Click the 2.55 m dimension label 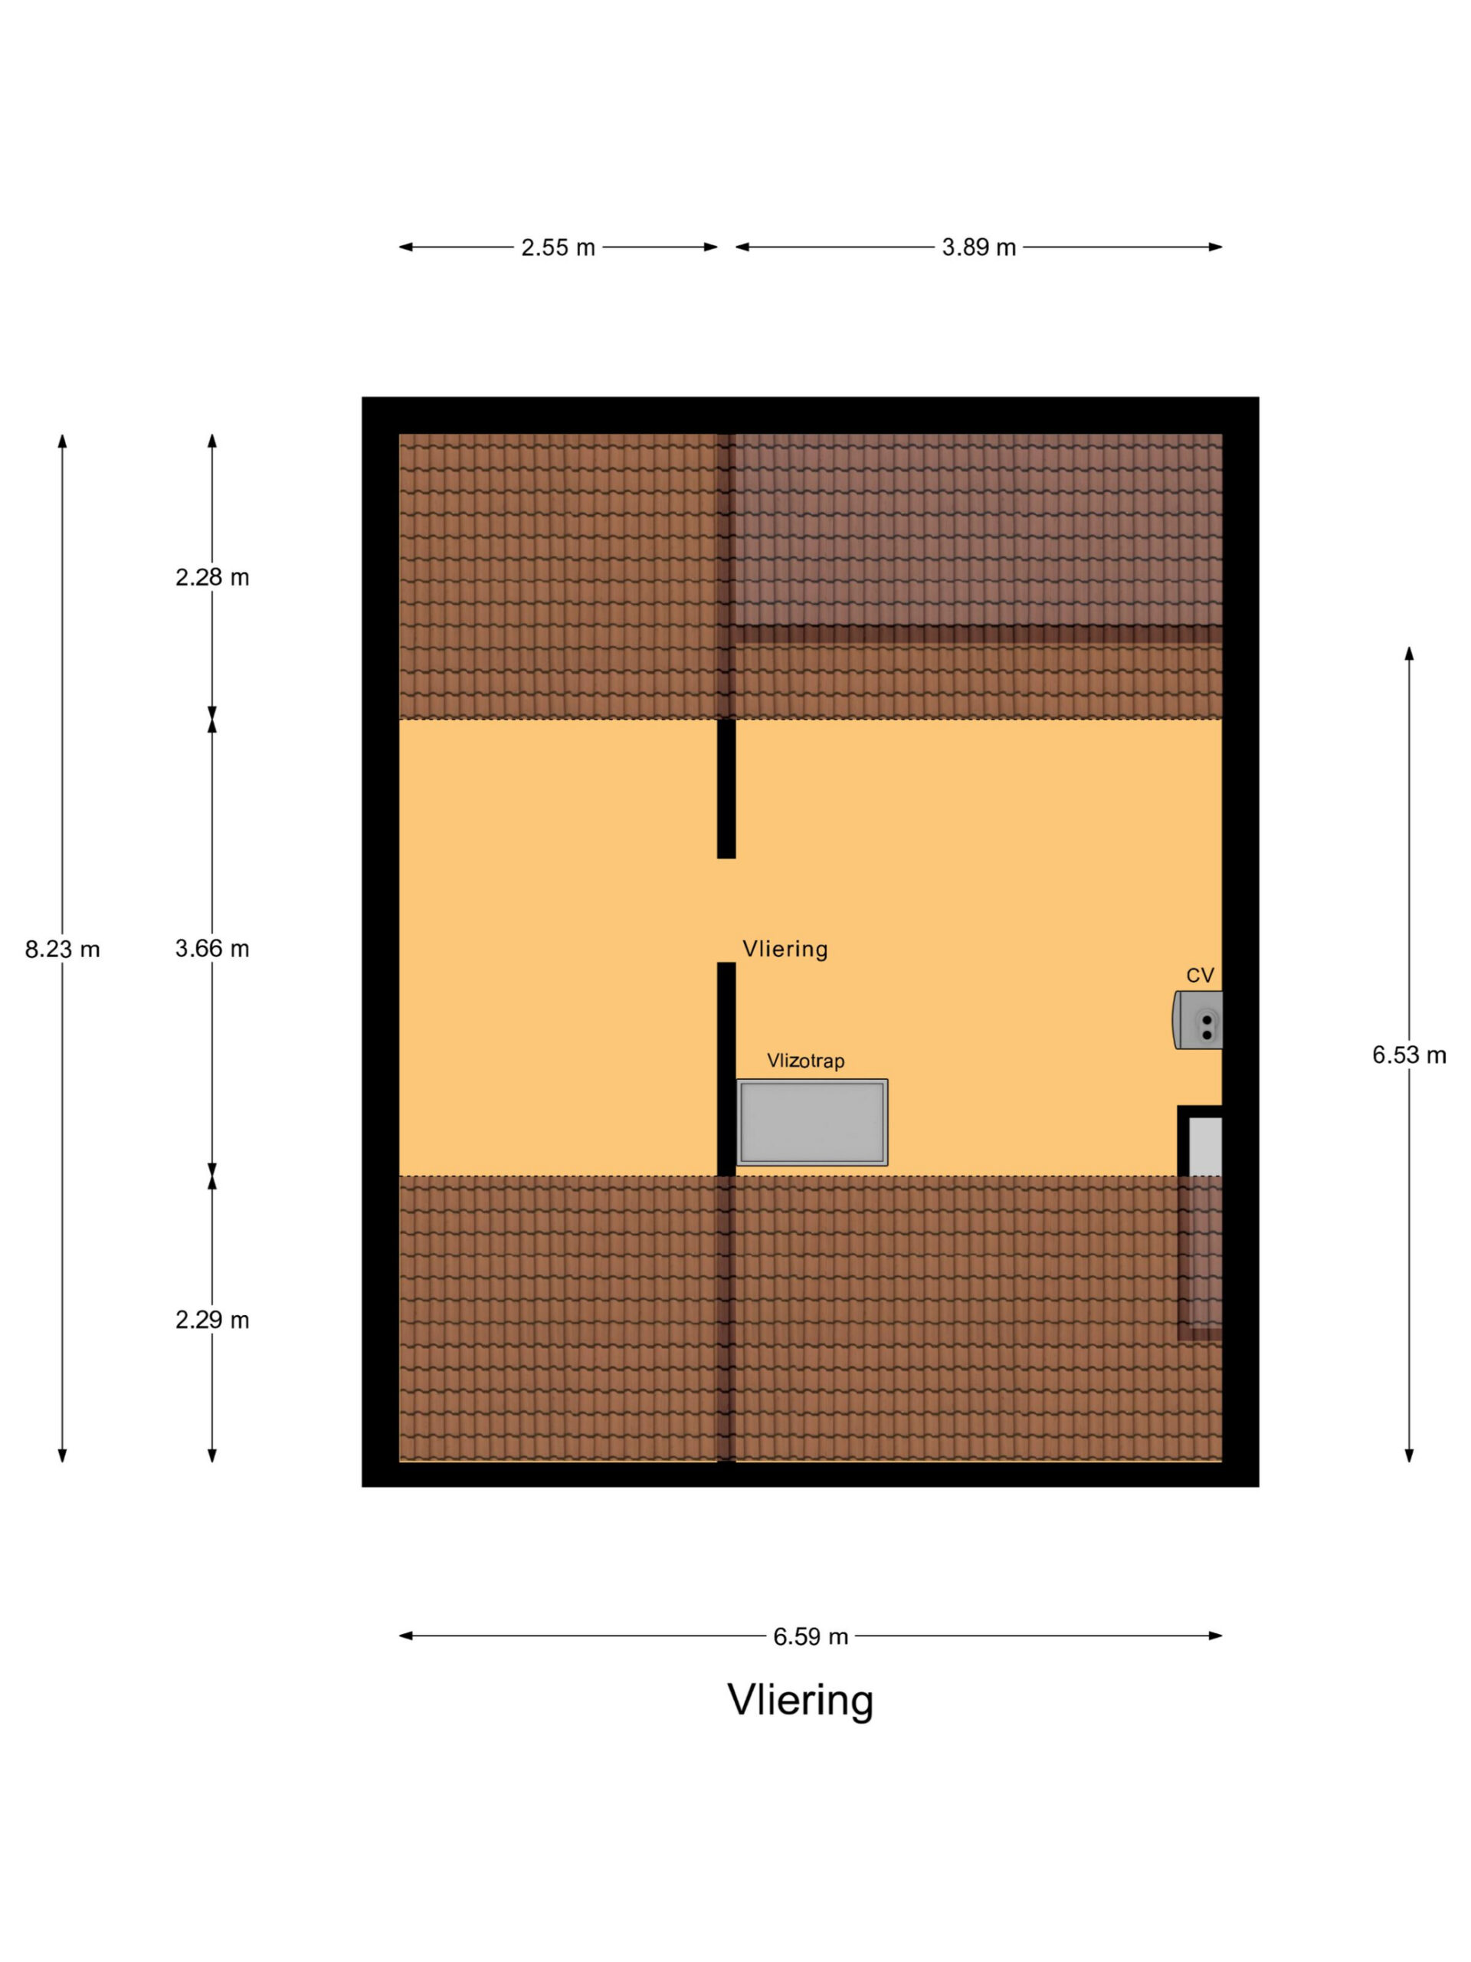click(x=558, y=248)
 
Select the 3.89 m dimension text click(x=978, y=248)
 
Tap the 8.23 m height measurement click(x=62, y=949)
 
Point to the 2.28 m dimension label click(x=212, y=577)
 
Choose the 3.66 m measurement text click(x=212, y=949)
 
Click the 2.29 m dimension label click(x=212, y=1320)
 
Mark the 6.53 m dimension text click(x=1409, y=1055)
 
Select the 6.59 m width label click(x=811, y=1636)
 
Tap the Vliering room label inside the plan click(x=785, y=949)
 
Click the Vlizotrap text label click(x=805, y=1061)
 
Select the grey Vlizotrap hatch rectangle click(x=811, y=1122)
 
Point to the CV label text click(x=1200, y=976)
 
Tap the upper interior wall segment click(x=726, y=789)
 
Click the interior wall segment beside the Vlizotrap click(x=726, y=1069)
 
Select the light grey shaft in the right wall click(x=1205, y=1147)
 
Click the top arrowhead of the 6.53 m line click(x=1409, y=654)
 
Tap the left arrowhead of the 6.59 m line click(x=405, y=1636)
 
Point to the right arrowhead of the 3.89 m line click(x=1216, y=247)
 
